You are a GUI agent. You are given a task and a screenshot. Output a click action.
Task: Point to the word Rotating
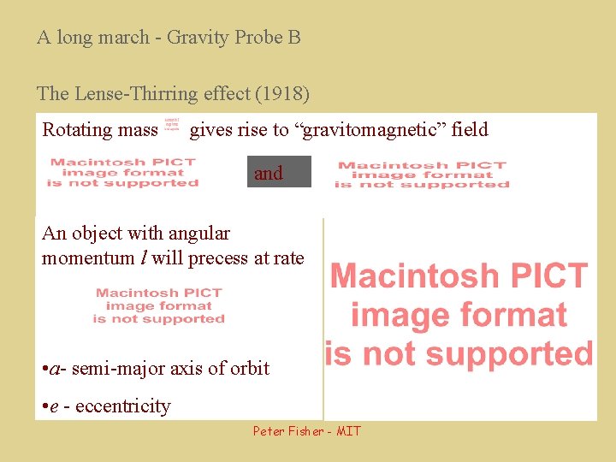click(x=75, y=130)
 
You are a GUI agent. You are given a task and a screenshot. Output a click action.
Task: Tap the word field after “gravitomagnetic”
click(x=470, y=130)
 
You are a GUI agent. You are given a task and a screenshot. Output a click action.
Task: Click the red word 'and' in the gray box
click(x=269, y=174)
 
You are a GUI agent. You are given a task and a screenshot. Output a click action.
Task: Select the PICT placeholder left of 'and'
click(x=123, y=172)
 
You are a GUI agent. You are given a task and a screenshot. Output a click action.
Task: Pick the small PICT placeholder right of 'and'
click(x=422, y=175)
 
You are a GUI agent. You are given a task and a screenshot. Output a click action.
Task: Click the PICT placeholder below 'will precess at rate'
click(x=159, y=305)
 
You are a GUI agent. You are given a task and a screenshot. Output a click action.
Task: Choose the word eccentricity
click(x=123, y=406)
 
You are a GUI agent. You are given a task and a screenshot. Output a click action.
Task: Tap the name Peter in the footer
click(x=269, y=431)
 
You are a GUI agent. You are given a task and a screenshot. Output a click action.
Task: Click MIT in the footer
click(x=348, y=431)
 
